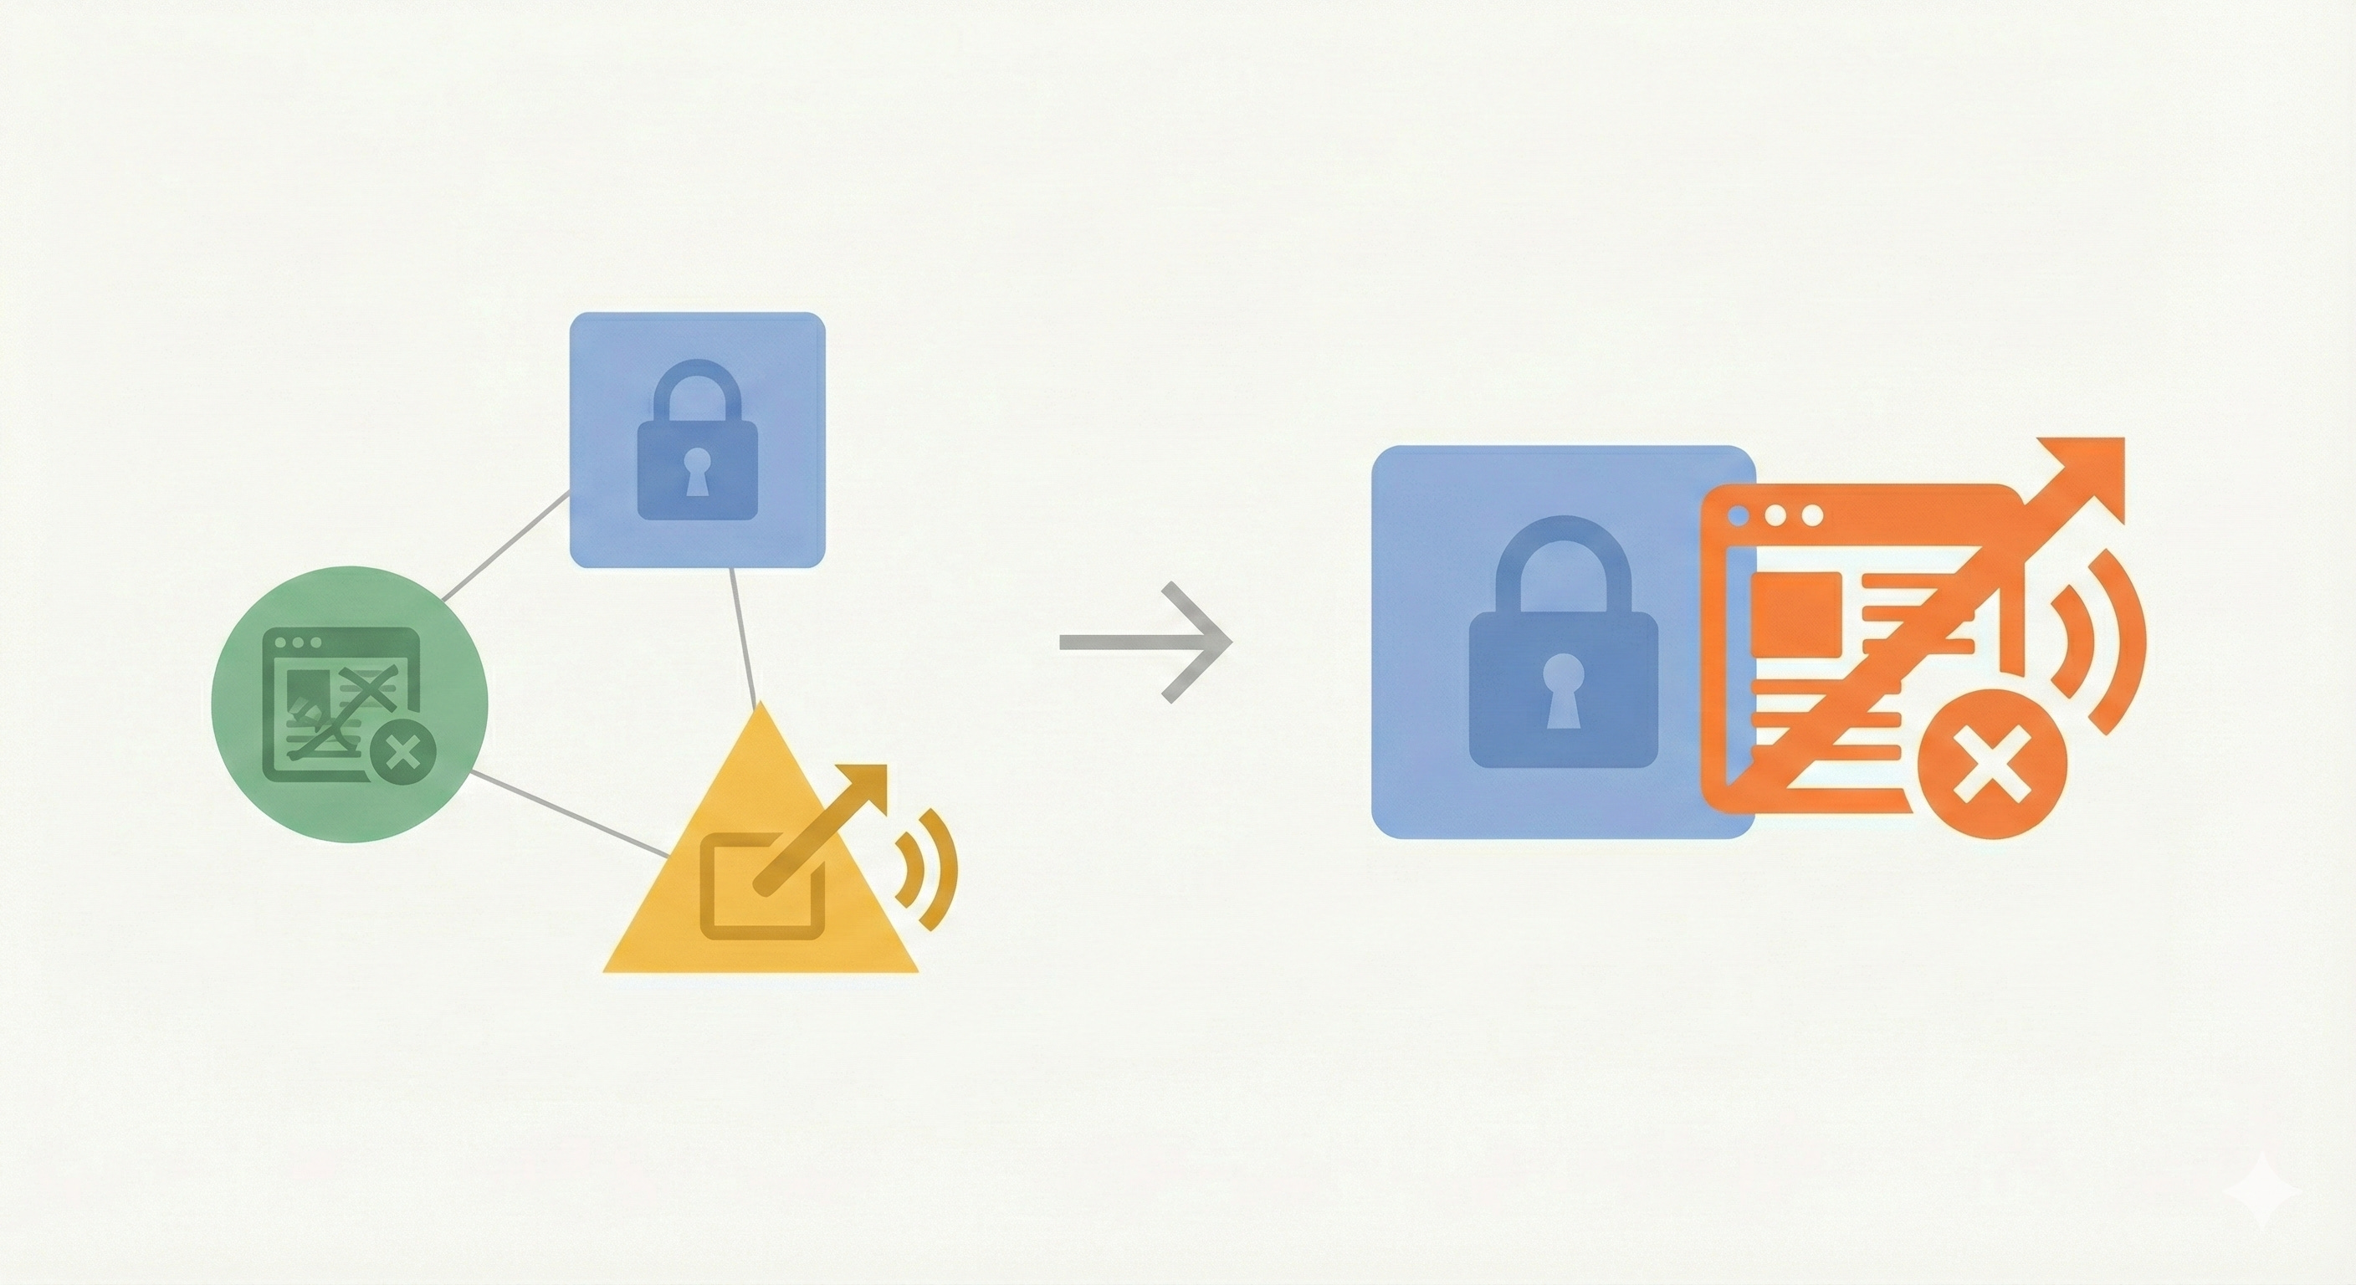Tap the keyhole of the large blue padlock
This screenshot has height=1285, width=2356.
[x=1562, y=688]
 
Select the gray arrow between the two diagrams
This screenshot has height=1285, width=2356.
[x=1147, y=642]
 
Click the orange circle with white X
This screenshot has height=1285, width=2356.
[x=1990, y=765]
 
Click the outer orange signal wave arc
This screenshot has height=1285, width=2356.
[x=2128, y=640]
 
